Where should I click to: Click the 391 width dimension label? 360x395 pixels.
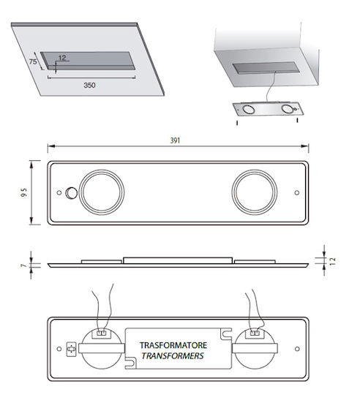click(175, 140)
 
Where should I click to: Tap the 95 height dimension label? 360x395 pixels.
click(24, 192)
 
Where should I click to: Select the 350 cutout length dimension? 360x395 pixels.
click(89, 85)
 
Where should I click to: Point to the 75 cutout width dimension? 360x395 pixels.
click(33, 61)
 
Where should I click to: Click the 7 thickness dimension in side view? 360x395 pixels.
click(23, 266)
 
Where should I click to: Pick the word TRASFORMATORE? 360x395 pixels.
click(173, 345)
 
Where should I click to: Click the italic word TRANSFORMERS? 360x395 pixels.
click(173, 356)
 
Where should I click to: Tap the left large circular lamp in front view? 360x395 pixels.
click(102, 192)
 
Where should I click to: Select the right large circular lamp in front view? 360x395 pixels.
click(255, 192)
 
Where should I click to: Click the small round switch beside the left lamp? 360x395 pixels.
click(71, 193)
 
